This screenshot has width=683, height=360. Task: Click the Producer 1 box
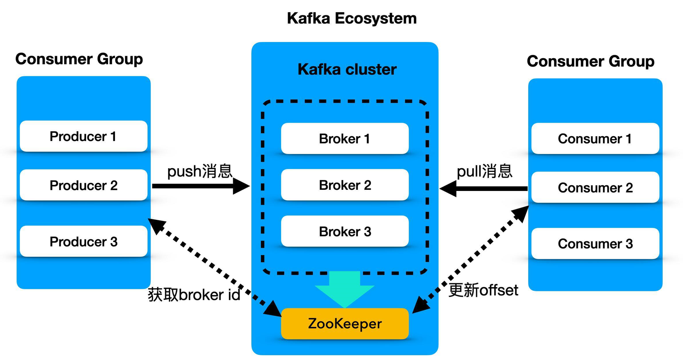(83, 136)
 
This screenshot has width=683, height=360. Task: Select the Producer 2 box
(83, 185)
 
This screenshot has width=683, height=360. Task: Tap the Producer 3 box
(83, 241)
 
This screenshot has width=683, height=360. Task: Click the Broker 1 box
(344, 139)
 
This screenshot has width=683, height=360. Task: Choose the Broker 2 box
(344, 185)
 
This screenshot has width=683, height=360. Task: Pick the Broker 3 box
(344, 231)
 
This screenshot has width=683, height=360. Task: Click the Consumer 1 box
(595, 139)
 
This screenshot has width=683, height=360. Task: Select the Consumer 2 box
(595, 187)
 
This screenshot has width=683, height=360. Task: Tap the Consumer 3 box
(595, 243)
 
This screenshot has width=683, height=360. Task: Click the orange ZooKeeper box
(344, 323)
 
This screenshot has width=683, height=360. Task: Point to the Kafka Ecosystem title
(352, 18)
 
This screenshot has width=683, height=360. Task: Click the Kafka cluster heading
(347, 69)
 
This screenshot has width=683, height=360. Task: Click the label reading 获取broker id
(194, 295)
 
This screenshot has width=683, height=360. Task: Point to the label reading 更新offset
(483, 290)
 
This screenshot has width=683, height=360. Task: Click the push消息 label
(200, 171)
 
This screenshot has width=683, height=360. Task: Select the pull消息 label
(484, 171)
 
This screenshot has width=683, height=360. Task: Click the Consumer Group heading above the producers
(79, 59)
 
